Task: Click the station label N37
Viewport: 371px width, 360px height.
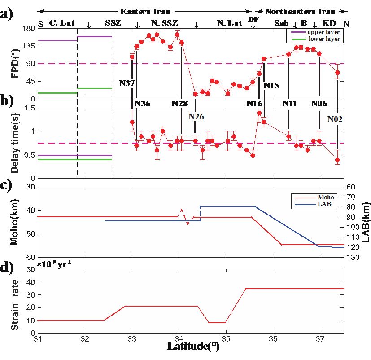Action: click(x=127, y=83)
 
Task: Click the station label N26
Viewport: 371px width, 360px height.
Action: click(x=196, y=116)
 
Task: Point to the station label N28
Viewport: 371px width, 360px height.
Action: click(x=179, y=103)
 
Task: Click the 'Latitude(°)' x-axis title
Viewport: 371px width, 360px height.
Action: click(x=193, y=346)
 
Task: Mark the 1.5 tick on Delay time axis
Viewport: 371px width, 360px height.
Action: click(x=29, y=108)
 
